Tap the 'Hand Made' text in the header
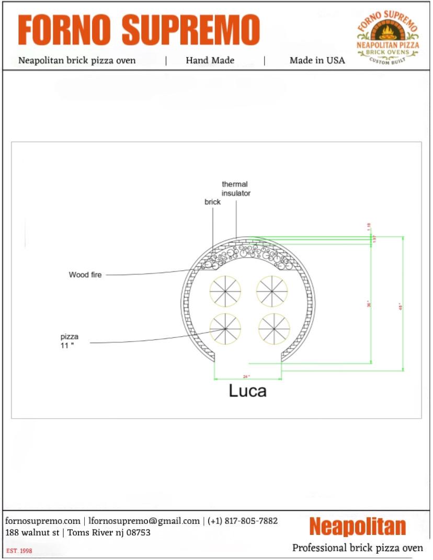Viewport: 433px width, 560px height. coord(210,60)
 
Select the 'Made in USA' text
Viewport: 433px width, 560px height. coord(317,60)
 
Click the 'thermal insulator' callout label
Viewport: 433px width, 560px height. coord(235,189)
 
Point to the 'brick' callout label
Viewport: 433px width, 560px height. coord(213,202)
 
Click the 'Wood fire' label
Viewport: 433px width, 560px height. coord(85,275)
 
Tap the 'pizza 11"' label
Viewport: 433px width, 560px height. coord(69,341)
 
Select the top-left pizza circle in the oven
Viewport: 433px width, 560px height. coord(225,291)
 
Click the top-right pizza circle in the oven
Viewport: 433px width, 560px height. coord(272,291)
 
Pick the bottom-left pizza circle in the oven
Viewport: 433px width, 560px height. coord(225,329)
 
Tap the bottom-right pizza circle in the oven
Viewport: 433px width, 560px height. coord(274,329)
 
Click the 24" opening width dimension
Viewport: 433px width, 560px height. coord(247,376)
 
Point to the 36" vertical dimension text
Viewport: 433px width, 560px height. coord(369,303)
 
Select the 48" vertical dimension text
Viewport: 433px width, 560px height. coord(401,305)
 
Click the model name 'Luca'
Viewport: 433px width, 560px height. coord(247,391)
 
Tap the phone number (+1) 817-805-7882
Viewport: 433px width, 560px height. coord(243,521)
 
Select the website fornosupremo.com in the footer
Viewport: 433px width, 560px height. coord(43,521)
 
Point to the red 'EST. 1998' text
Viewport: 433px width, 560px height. coord(19,551)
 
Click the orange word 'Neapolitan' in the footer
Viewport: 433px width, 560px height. coord(357,527)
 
